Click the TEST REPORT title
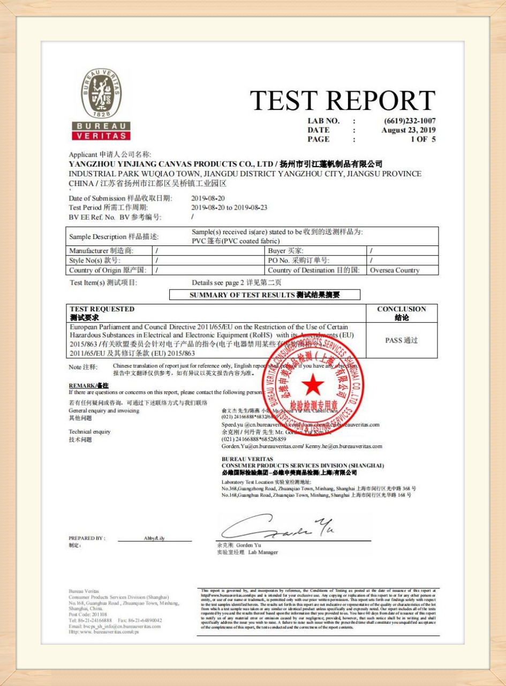click(343, 100)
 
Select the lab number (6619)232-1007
click(410, 121)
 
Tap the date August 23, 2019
click(409, 130)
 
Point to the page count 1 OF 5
click(423, 139)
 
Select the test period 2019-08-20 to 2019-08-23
click(229, 207)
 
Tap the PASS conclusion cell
click(402, 340)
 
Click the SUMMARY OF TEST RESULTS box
click(265, 295)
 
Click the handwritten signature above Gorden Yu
click(278, 528)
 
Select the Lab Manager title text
click(263, 552)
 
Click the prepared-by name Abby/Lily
click(154, 538)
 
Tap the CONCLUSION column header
click(402, 313)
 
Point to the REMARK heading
click(88, 385)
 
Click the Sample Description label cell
click(114, 236)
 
